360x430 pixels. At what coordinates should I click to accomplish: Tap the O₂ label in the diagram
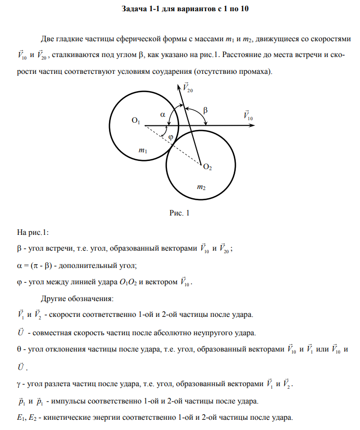(207, 166)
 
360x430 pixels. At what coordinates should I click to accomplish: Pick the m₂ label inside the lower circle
(201, 187)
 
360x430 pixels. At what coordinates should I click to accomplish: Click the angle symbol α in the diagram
(163, 115)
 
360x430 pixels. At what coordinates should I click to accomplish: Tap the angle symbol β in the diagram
(206, 110)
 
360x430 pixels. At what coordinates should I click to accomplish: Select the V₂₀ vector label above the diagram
(187, 88)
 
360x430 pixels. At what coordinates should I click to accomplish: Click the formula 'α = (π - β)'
(39, 265)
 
